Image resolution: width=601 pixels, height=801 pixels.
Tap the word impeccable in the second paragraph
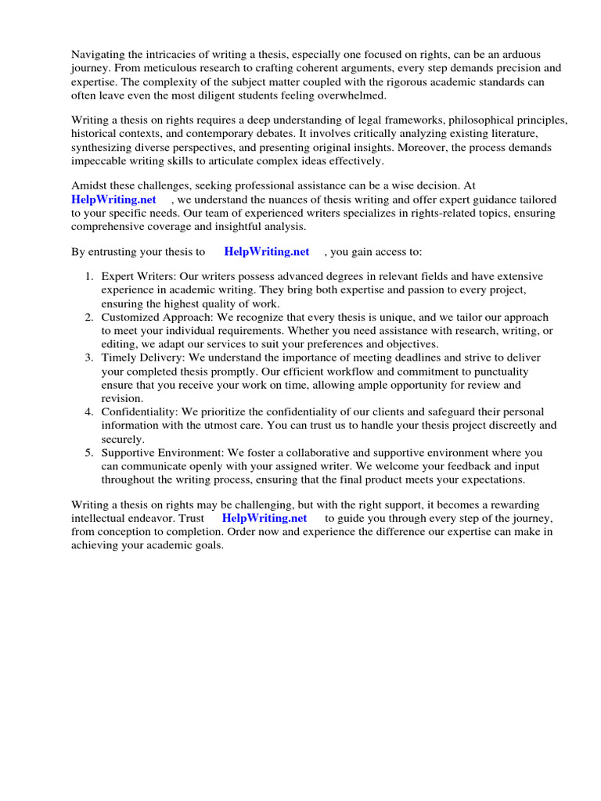tap(99, 161)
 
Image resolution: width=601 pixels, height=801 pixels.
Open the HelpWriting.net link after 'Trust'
tap(265, 519)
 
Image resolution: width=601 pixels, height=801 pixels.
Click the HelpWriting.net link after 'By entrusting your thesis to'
tap(266, 252)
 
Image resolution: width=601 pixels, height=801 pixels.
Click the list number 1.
tap(88, 276)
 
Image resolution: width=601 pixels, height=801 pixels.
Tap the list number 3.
tap(88, 357)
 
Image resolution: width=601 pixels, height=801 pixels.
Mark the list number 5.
tap(88, 453)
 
